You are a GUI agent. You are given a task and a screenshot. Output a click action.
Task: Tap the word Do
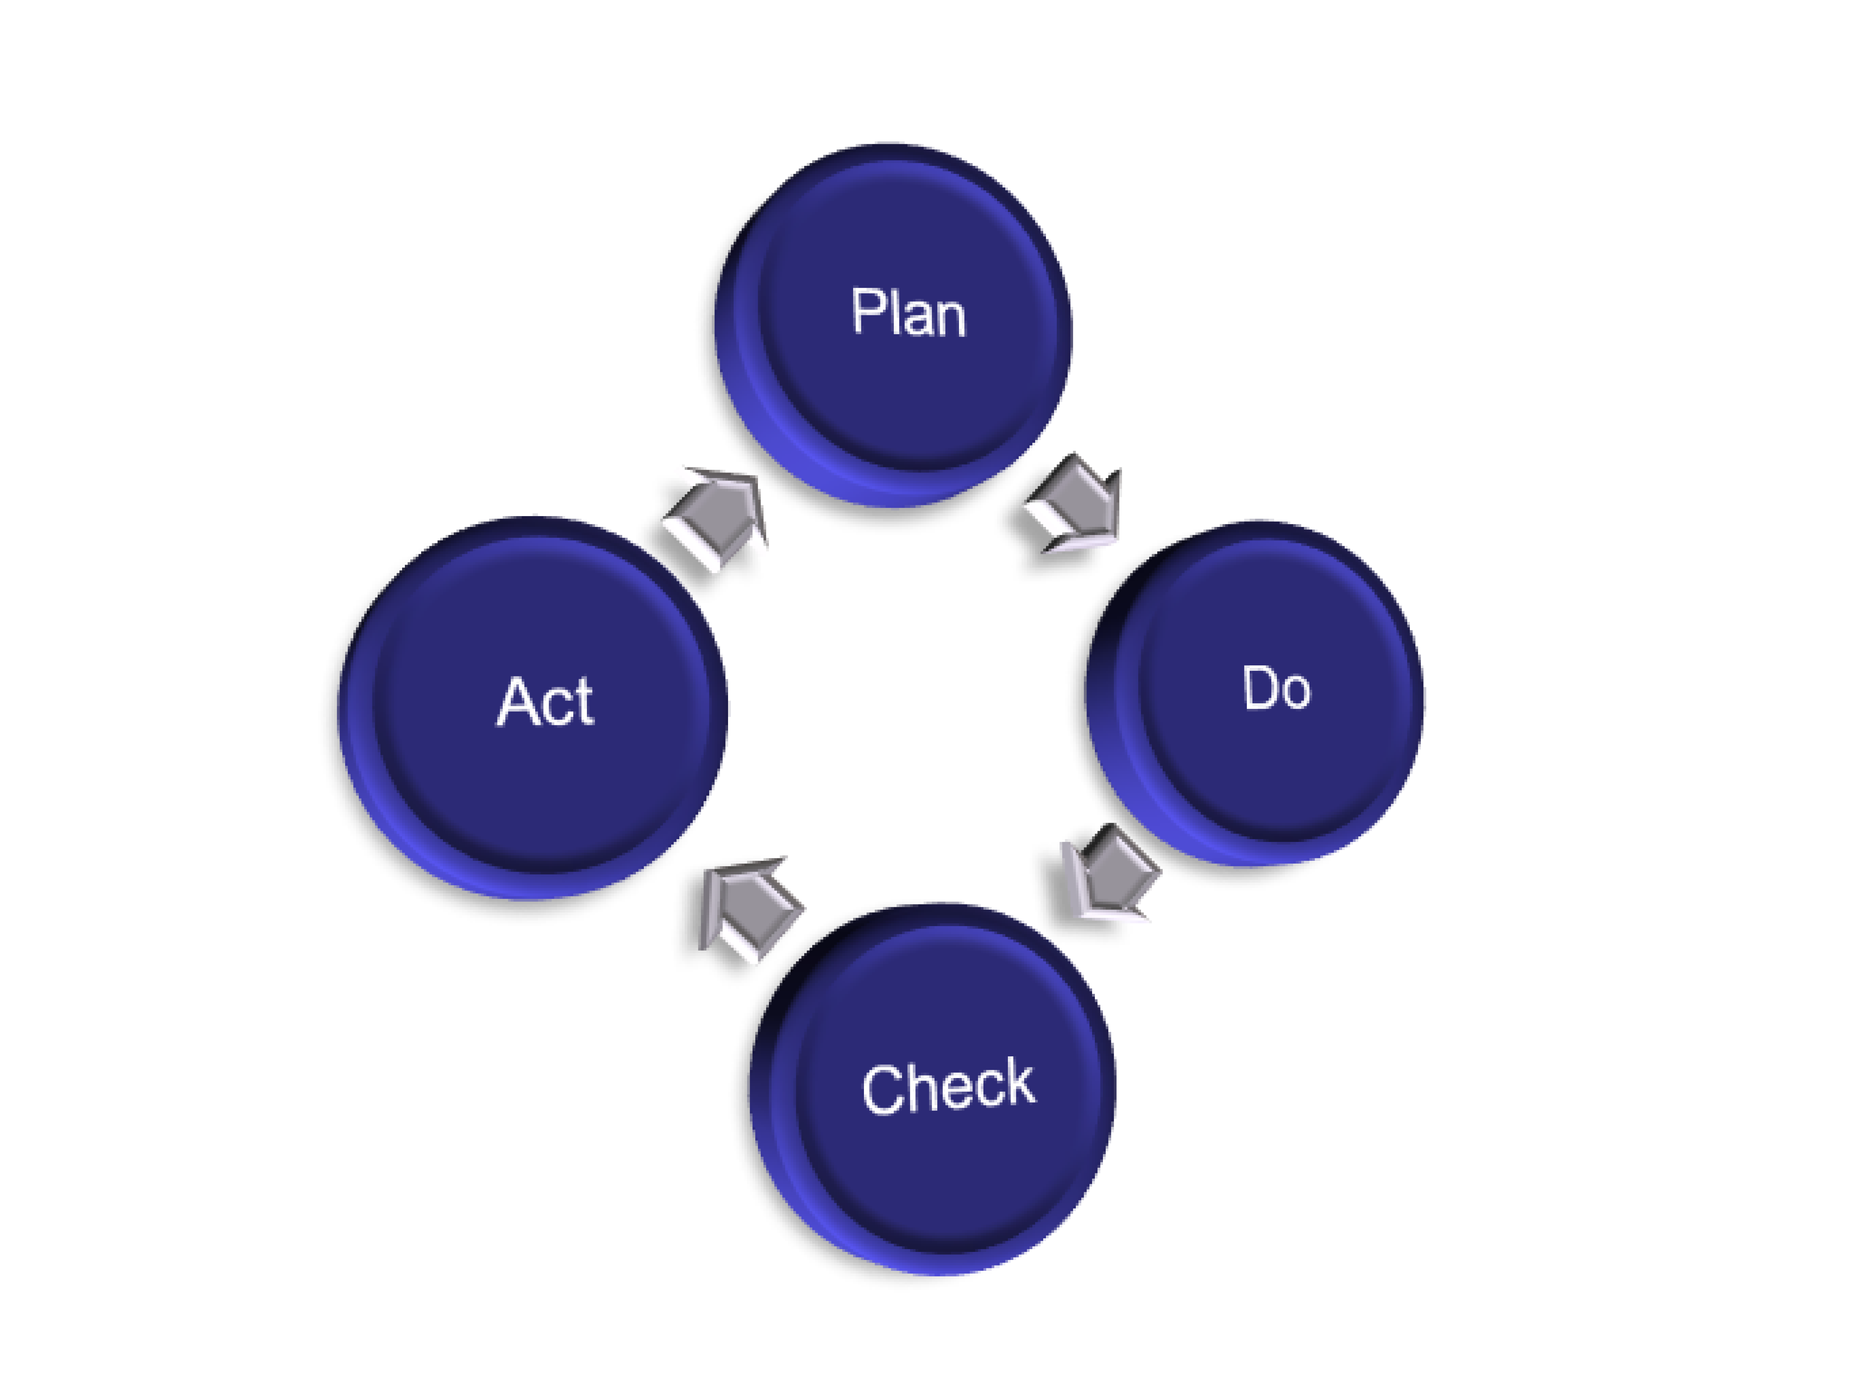pyautogui.click(x=1276, y=688)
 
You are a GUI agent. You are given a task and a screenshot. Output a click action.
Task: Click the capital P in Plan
pyautogui.click(x=866, y=311)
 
